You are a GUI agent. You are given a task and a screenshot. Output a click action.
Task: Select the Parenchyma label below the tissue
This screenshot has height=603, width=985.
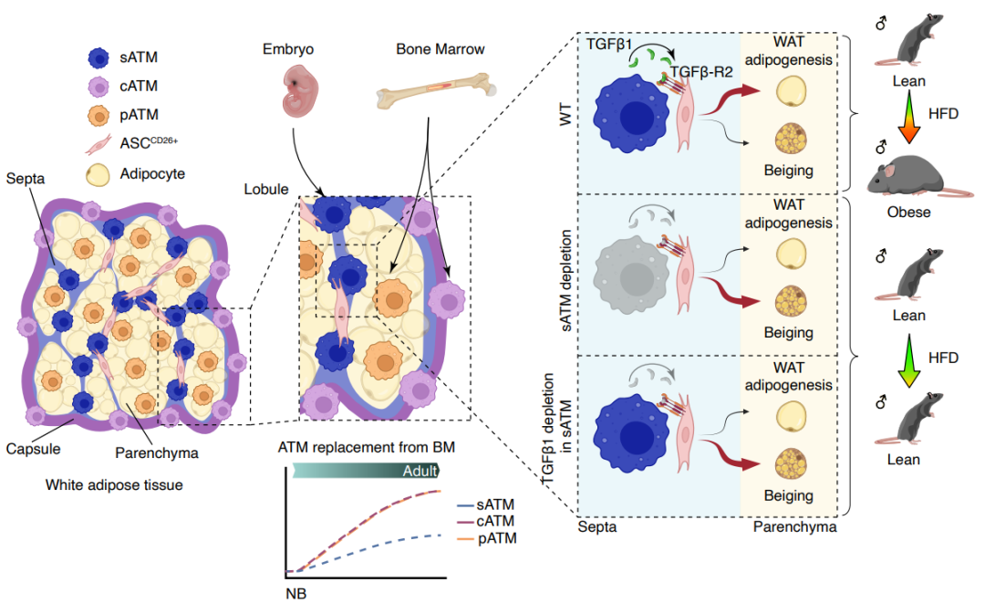157,452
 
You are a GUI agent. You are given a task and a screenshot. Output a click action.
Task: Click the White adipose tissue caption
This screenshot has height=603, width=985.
114,485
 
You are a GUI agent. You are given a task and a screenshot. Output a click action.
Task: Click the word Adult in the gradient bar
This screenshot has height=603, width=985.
420,471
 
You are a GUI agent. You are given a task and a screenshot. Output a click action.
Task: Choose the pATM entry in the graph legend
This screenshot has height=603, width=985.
496,538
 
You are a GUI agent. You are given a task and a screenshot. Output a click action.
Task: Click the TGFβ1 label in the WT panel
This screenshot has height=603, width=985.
610,43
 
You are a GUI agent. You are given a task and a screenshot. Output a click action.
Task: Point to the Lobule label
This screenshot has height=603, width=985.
264,190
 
